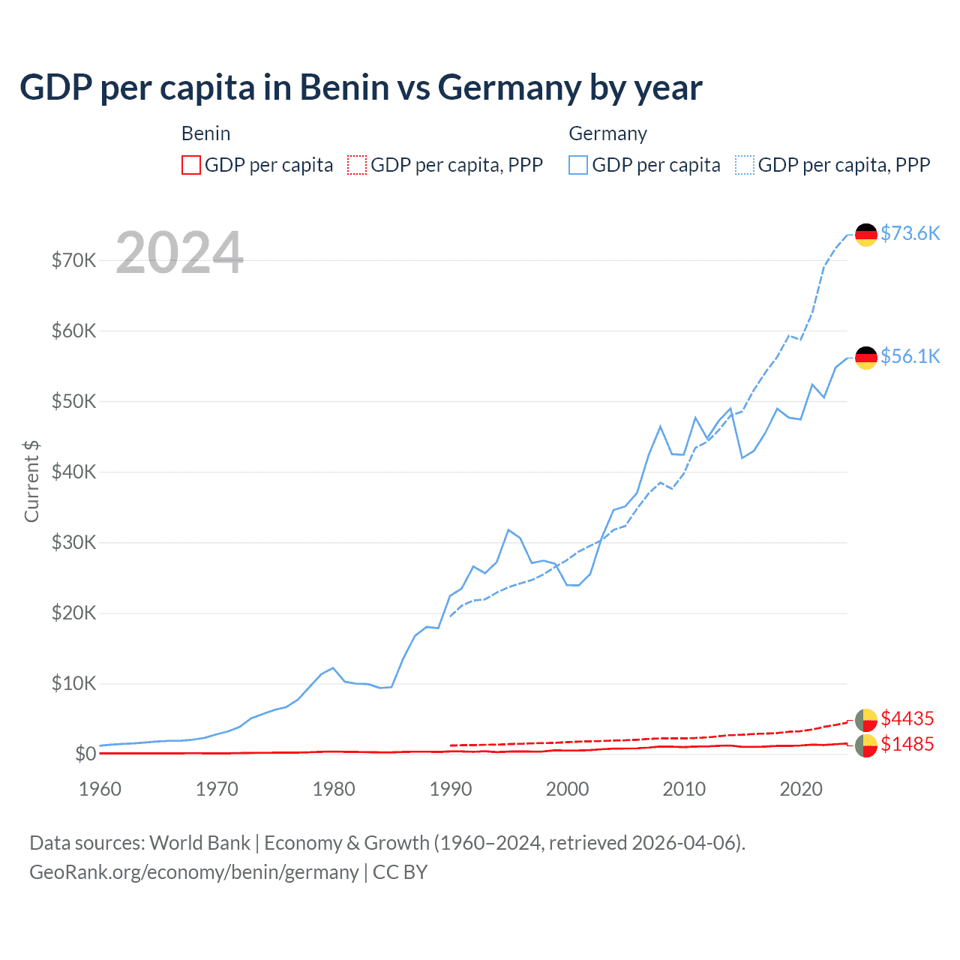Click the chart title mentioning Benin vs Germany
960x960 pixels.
(x=361, y=88)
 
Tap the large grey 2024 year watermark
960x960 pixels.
(x=180, y=253)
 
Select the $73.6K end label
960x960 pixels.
(x=910, y=233)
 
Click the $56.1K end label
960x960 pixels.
(x=910, y=356)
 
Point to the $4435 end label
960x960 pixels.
(x=907, y=718)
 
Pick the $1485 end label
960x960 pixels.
(x=907, y=744)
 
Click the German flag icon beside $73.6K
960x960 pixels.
(x=866, y=235)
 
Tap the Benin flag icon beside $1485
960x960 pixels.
(x=866, y=745)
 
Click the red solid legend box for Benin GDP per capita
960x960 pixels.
(x=191, y=165)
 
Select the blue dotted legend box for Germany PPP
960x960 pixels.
(x=745, y=165)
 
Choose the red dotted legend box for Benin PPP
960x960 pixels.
(x=357, y=165)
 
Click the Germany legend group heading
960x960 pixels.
(x=607, y=133)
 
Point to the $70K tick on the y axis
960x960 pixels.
(x=73, y=260)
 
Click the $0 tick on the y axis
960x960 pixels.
(x=85, y=754)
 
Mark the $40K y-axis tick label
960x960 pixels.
(x=73, y=472)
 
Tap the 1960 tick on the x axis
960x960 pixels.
(x=100, y=789)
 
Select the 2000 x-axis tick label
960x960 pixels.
(x=568, y=789)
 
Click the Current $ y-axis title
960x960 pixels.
(x=31, y=481)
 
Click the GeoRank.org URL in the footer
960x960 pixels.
(x=194, y=872)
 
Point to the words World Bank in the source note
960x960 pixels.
(x=199, y=843)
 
